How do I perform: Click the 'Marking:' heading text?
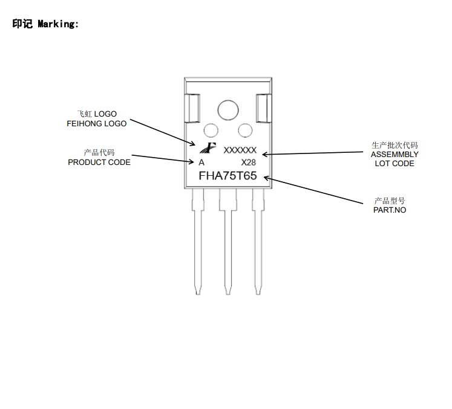point(58,24)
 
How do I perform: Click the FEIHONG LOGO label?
point(97,123)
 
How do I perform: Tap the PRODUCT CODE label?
point(99,162)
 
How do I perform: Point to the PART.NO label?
point(390,210)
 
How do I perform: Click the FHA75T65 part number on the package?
point(228,176)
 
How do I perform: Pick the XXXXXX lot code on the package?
point(240,150)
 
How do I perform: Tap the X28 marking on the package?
point(249,163)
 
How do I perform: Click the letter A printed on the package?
point(201,163)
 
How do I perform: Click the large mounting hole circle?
point(228,110)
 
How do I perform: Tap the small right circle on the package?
point(245,130)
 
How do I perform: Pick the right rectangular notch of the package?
point(263,109)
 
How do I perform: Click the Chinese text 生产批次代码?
point(395,145)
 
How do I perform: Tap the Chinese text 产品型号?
point(390,201)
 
